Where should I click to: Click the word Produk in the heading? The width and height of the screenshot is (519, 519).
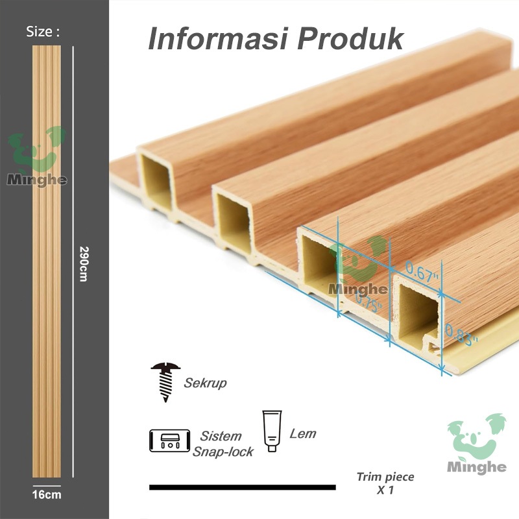pos(350,39)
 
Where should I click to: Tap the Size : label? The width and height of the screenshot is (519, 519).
pos(43,32)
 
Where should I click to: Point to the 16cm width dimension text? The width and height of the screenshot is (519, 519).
pos(46,495)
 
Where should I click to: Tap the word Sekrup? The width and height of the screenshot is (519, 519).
pos(205,383)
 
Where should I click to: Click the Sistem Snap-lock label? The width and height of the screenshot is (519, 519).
pos(223,443)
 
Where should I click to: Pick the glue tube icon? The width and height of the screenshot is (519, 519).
pos(272,430)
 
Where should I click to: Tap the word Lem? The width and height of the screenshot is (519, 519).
pos(303,433)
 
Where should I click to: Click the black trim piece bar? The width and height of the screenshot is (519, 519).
pos(242,487)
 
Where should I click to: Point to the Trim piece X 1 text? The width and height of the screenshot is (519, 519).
pos(385,483)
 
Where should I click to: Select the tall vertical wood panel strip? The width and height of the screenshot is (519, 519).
pos(46,259)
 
